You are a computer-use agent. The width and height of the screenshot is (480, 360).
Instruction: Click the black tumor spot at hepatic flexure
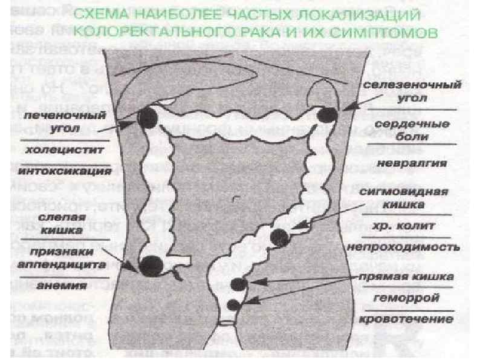(147, 117)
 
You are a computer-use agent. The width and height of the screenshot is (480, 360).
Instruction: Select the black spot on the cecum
(151, 265)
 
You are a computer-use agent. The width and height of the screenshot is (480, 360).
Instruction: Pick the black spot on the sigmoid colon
(280, 238)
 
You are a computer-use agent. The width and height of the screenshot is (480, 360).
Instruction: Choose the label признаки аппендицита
(62, 259)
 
